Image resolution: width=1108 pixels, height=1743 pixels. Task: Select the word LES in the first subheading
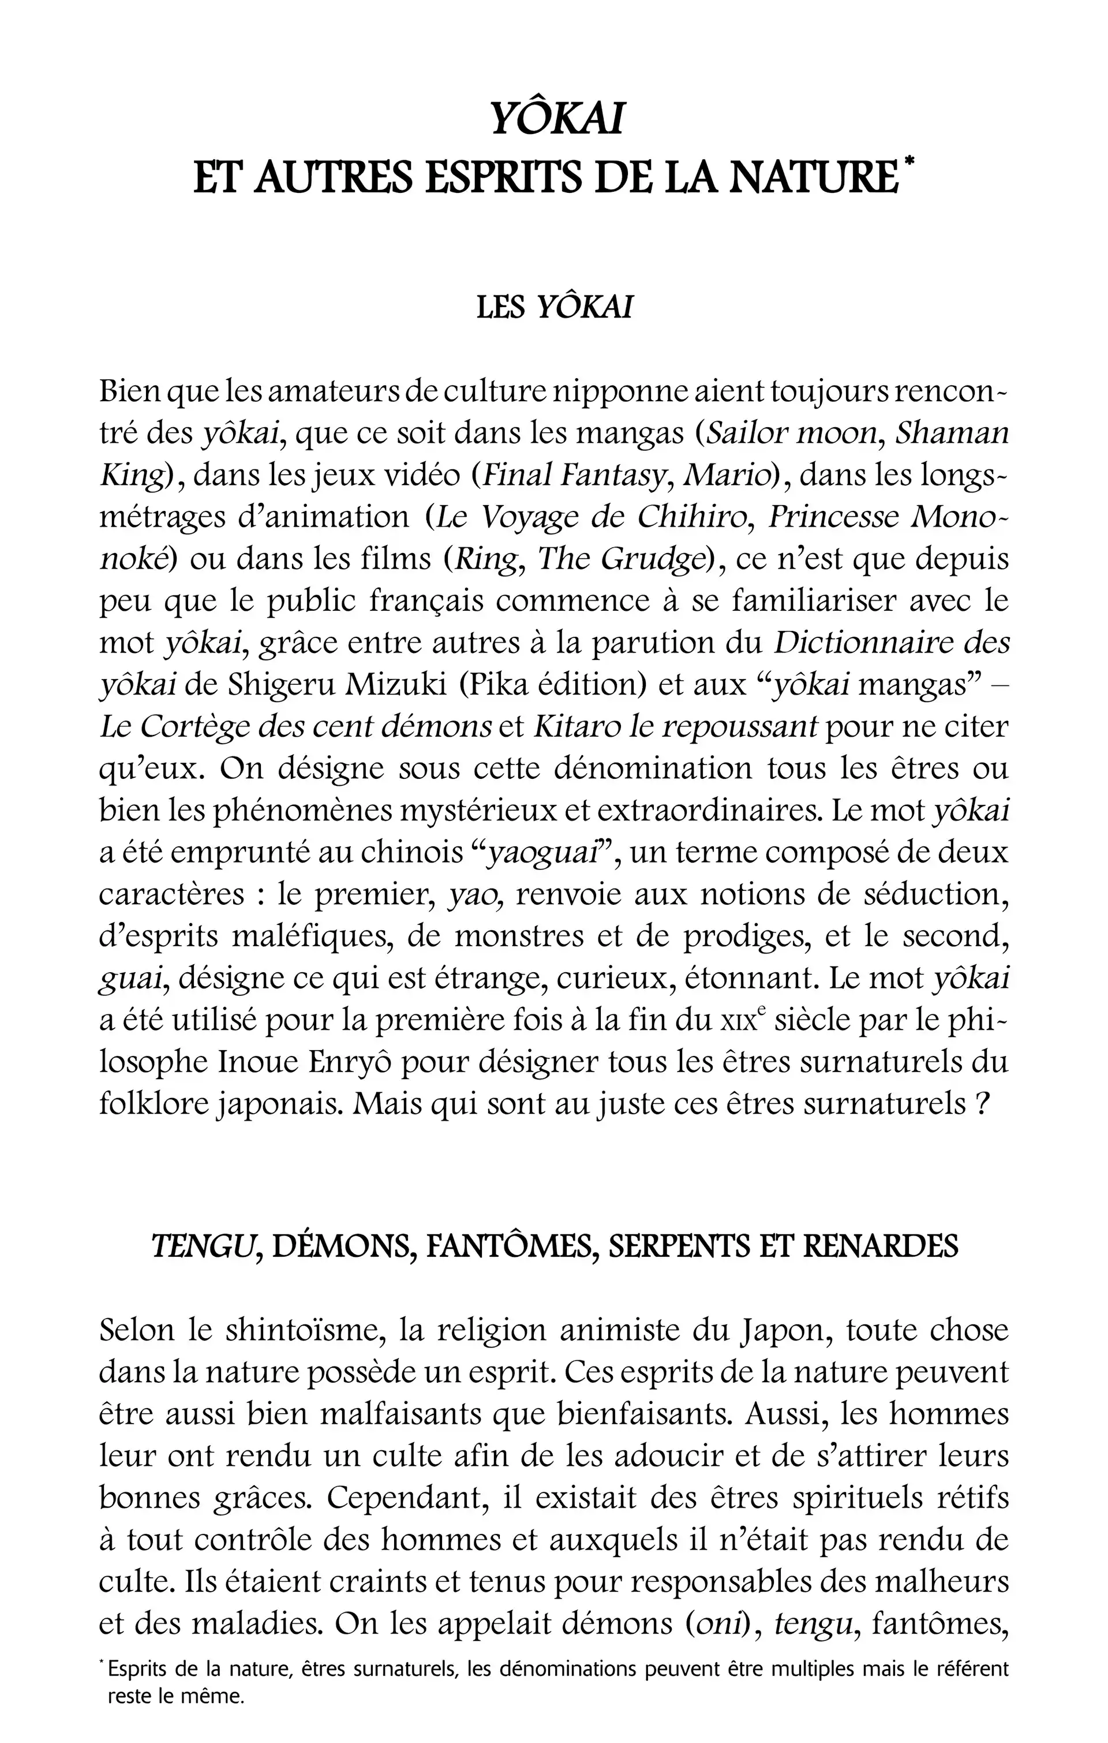[500, 308]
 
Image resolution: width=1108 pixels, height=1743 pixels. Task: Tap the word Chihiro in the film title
[691, 517]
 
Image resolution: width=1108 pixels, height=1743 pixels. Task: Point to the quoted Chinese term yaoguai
[544, 853]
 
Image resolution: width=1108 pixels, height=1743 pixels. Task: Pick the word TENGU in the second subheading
[205, 1247]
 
